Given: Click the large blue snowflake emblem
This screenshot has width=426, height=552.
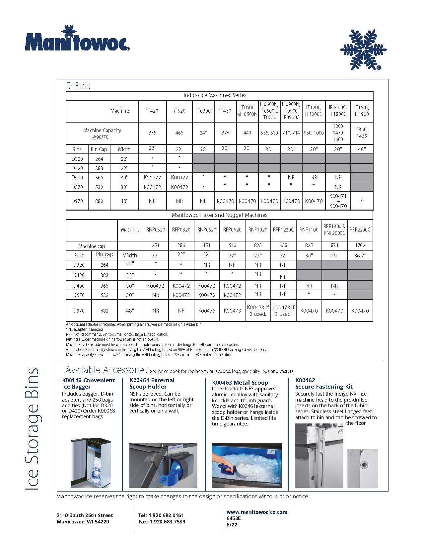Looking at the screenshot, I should [x=363, y=50].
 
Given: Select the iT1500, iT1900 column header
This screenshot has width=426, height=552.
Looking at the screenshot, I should [x=361, y=111].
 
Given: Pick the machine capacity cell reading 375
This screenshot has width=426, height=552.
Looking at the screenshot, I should [x=152, y=133].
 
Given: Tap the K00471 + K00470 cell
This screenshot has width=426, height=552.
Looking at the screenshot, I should [x=338, y=201].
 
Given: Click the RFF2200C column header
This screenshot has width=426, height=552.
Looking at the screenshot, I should [x=360, y=230].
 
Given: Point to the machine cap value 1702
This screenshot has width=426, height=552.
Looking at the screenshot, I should [x=360, y=245].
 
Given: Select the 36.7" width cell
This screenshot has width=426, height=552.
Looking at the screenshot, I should [x=360, y=255].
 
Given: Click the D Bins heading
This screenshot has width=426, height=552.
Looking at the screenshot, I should [x=78, y=86].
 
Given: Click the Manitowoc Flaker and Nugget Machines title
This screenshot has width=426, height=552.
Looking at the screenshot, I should [x=219, y=215].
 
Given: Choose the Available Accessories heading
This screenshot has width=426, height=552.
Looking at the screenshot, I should [x=106, y=370].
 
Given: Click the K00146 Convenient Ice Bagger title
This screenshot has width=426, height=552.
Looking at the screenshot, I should [x=88, y=384].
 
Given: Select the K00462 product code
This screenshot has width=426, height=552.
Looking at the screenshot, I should [x=305, y=380].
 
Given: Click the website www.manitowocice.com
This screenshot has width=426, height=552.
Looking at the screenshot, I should [x=257, y=512].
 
